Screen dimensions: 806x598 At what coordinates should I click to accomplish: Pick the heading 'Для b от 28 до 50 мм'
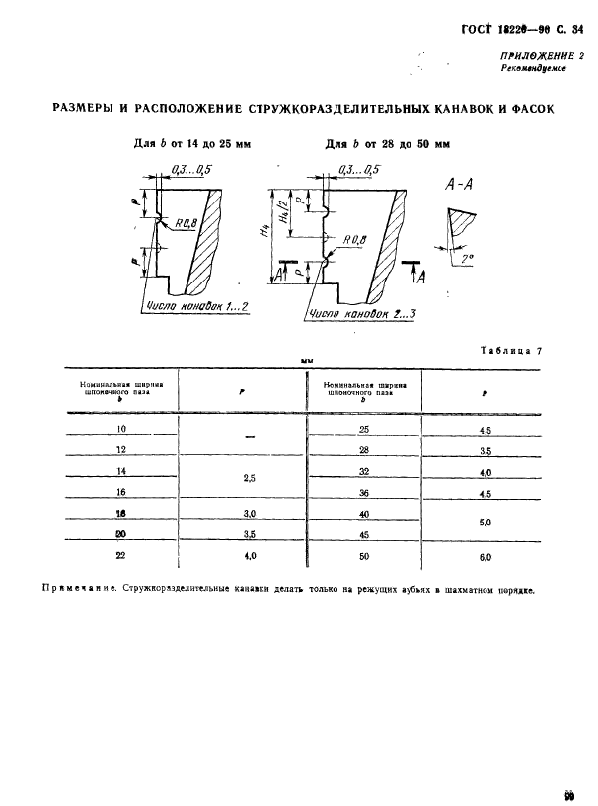[388, 144]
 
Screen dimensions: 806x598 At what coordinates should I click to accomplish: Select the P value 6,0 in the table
[486, 557]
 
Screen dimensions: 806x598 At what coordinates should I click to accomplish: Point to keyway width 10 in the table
[123, 429]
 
